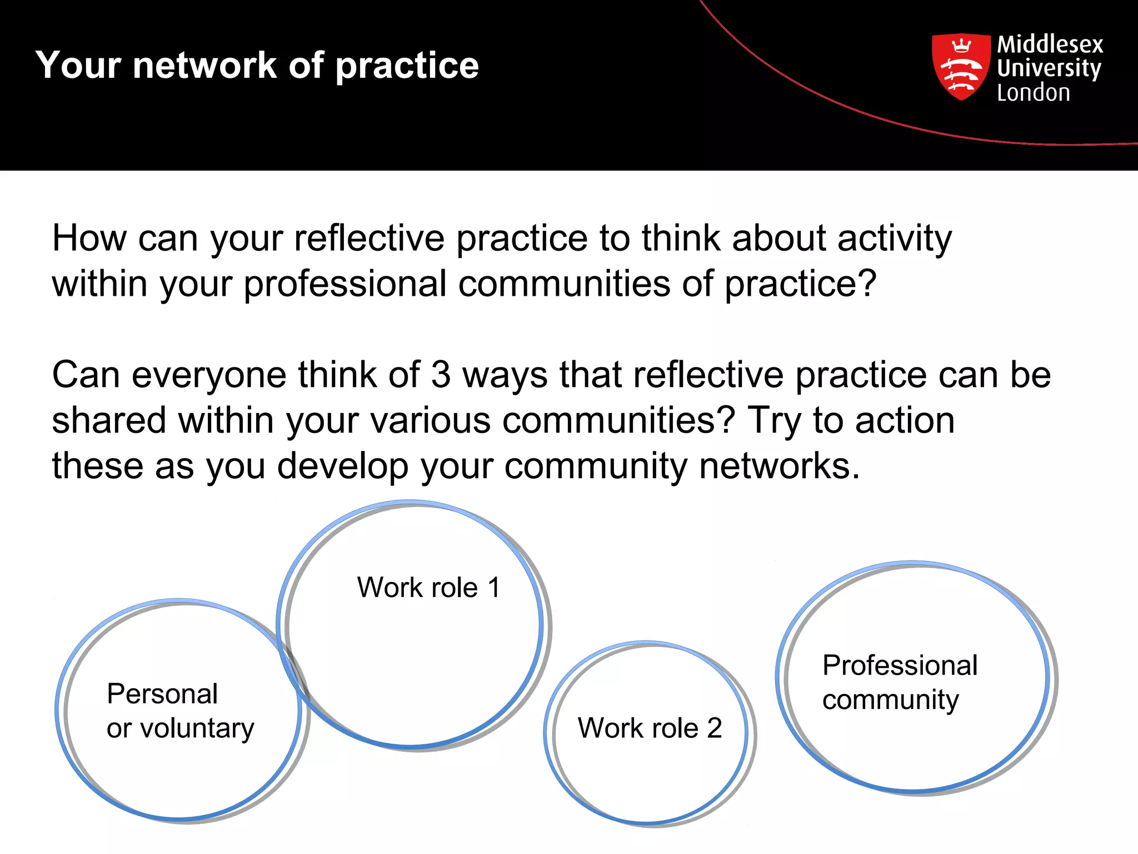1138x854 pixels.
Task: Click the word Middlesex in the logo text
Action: [x=1050, y=44]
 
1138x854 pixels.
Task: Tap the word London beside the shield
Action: [x=1033, y=93]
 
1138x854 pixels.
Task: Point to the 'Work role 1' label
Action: [x=428, y=588]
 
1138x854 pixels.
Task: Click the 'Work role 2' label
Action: [x=650, y=728]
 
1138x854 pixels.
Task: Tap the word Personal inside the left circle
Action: [x=162, y=694]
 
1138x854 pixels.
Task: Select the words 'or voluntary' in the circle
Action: [x=180, y=728]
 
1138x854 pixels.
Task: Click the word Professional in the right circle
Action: [x=900, y=666]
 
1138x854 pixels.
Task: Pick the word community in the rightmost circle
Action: [x=890, y=700]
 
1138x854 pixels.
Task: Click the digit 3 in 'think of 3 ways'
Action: [x=441, y=375]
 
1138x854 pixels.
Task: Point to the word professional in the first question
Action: [x=345, y=284]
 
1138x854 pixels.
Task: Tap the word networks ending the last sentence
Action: [x=778, y=466]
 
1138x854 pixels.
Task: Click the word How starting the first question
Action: [x=89, y=238]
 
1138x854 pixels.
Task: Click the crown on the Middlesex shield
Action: [x=961, y=45]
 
